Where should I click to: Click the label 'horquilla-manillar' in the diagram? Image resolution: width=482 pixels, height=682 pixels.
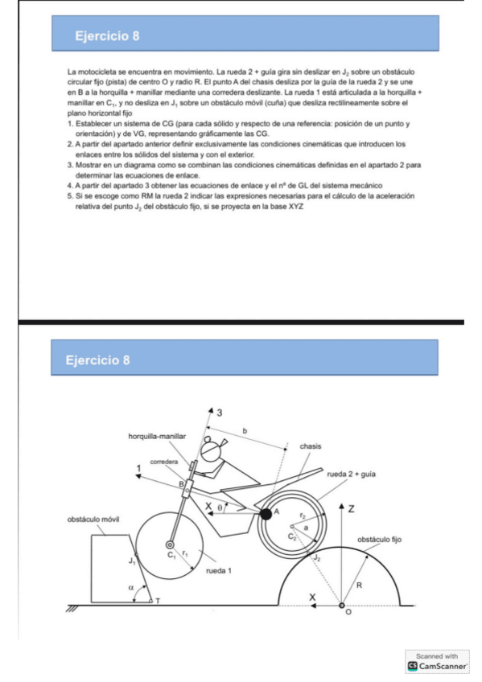click(158, 435)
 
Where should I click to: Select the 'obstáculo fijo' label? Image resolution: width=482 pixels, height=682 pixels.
click(379, 539)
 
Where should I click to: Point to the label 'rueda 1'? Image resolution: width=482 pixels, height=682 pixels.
click(219, 570)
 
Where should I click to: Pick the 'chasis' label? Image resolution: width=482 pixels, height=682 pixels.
click(311, 446)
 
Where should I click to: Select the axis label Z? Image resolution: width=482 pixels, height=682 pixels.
click(352, 507)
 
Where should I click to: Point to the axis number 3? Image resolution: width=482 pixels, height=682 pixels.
click(220, 412)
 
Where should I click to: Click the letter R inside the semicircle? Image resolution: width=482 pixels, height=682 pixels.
click(359, 585)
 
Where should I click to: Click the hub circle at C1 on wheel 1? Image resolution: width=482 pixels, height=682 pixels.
click(171, 544)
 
